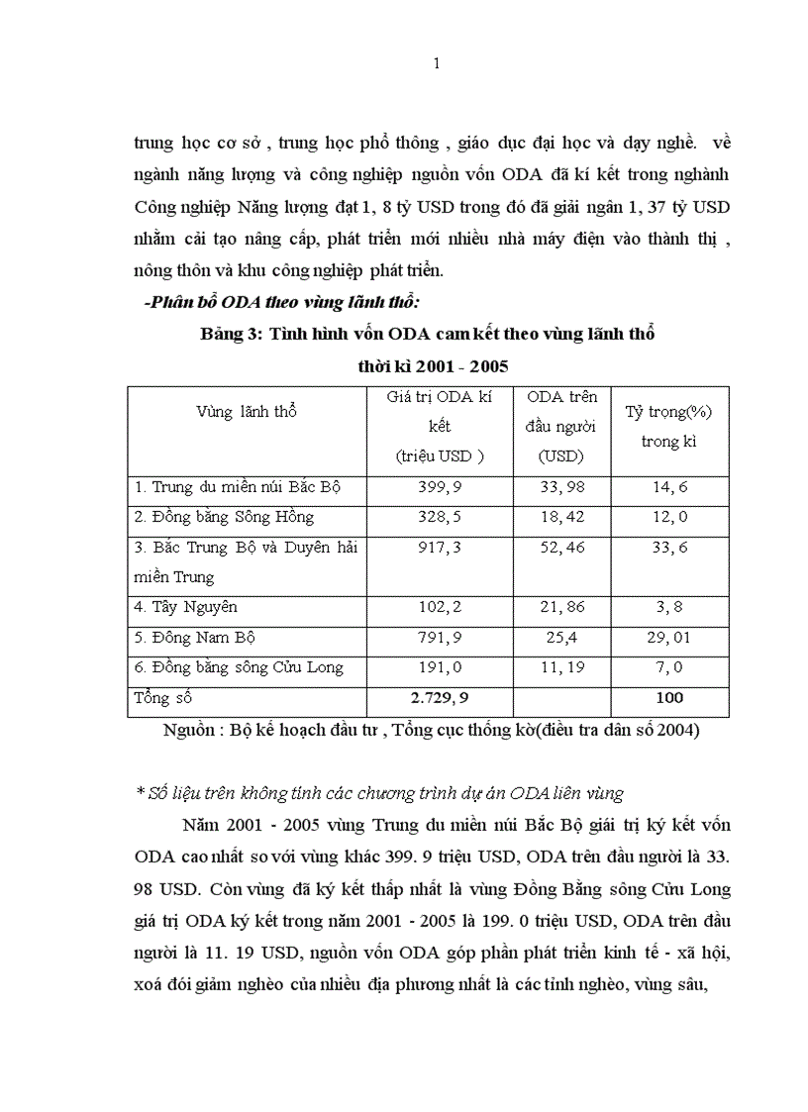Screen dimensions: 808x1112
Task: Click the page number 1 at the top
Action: tap(437, 65)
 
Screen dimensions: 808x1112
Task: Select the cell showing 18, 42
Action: tap(560, 517)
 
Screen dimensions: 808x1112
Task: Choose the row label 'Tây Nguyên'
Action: tap(186, 606)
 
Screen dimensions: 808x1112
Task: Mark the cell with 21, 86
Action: tap(560, 606)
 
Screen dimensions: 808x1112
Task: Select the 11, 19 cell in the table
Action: tap(560, 666)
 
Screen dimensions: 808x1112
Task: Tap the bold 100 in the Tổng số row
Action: tap(669, 698)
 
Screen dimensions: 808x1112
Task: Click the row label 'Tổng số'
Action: tap(162, 698)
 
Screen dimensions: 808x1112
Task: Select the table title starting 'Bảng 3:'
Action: tap(428, 334)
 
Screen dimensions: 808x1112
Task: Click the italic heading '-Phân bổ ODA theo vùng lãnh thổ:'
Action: tap(281, 303)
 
